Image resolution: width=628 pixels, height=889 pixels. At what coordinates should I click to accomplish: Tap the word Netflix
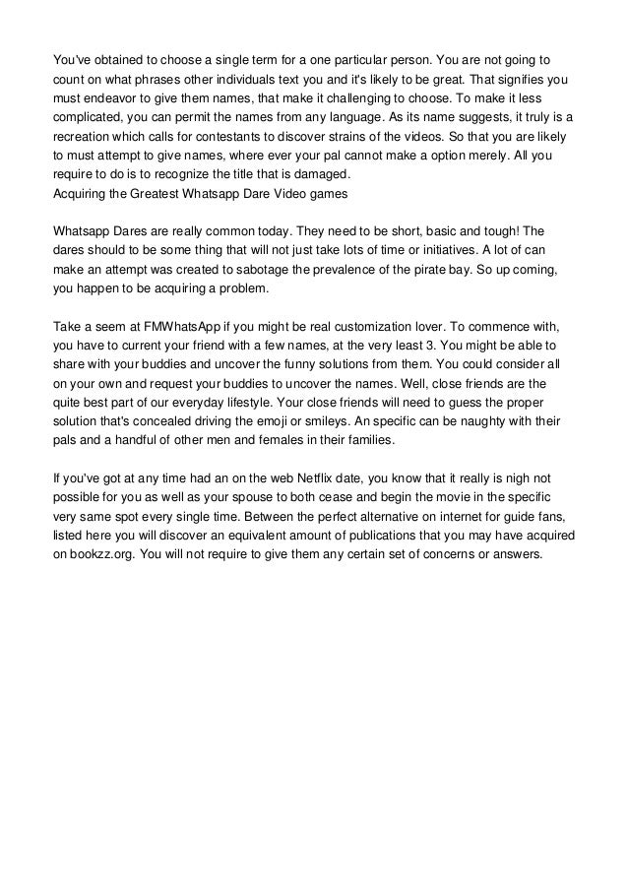pos(312,480)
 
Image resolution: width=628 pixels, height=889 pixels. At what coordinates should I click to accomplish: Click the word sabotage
pos(269,273)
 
